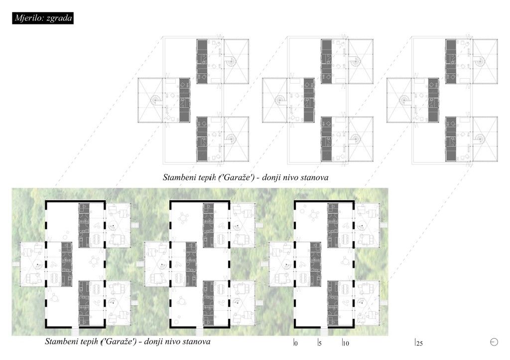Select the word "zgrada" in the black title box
point(59,18)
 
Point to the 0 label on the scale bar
point(296,344)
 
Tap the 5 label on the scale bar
point(320,344)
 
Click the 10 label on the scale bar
point(346,344)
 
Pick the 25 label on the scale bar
point(419,344)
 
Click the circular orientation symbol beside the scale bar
point(494,342)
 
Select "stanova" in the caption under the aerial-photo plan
point(196,342)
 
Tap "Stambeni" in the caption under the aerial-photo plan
point(60,342)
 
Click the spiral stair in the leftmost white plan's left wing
point(156,100)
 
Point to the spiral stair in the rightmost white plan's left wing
point(405,100)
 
